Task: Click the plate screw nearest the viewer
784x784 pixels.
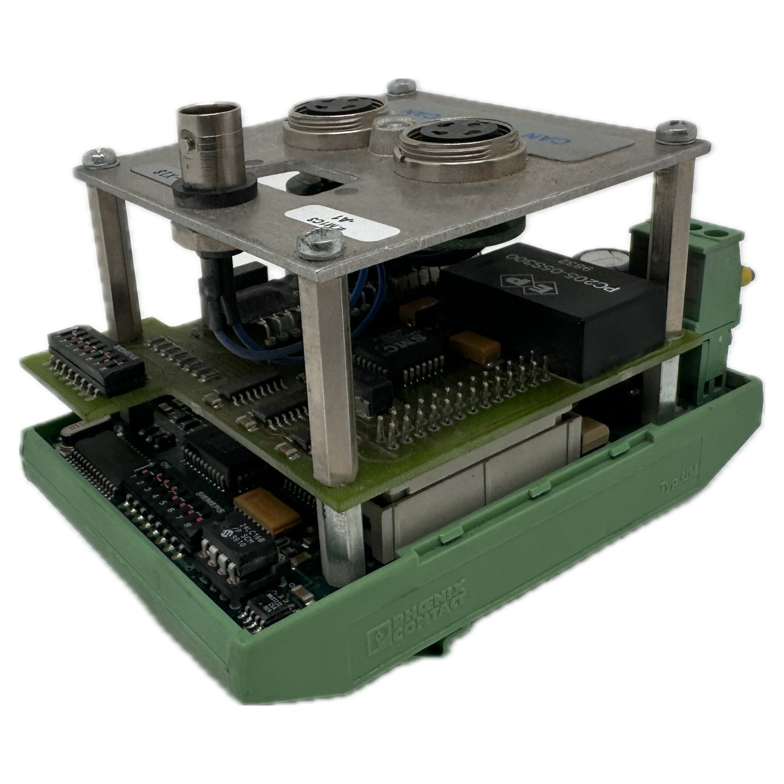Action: point(320,243)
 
